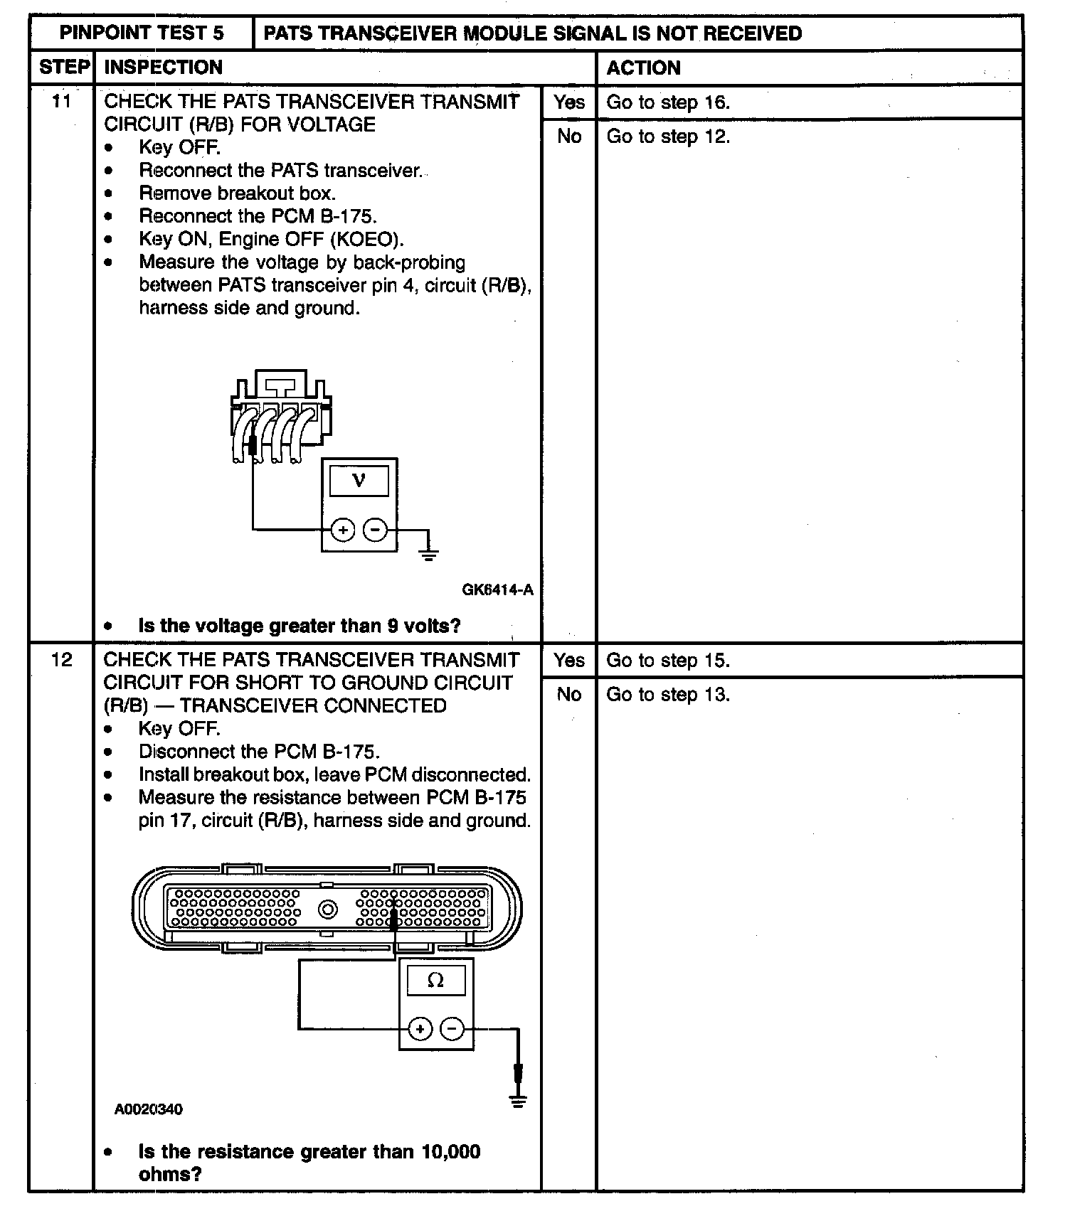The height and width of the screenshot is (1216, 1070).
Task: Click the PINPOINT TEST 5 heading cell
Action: point(142,33)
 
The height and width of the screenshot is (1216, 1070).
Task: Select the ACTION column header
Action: point(643,68)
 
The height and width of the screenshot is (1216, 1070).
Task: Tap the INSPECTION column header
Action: point(163,68)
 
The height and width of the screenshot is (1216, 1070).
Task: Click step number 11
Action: point(62,102)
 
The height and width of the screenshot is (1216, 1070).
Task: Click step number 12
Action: point(62,660)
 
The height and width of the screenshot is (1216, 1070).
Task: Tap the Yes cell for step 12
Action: point(568,660)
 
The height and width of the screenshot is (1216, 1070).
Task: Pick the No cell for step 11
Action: point(568,136)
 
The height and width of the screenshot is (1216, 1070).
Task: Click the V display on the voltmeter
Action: point(359,481)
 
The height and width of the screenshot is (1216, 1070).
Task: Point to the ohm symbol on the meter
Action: point(435,981)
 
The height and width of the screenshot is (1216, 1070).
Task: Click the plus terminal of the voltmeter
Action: point(343,530)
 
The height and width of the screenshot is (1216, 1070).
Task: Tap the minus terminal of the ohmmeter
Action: point(452,1028)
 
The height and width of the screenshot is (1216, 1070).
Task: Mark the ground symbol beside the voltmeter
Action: point(428,555)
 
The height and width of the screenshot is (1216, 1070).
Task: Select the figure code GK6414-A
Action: point(497,590)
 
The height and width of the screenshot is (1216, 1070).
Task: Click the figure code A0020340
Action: point(148,1109)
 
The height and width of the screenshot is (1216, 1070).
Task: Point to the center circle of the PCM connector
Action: point(328,909)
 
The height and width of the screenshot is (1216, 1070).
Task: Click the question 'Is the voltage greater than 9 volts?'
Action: point(299,626)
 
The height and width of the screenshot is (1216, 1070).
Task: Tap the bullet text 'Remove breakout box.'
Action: point(237,193)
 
